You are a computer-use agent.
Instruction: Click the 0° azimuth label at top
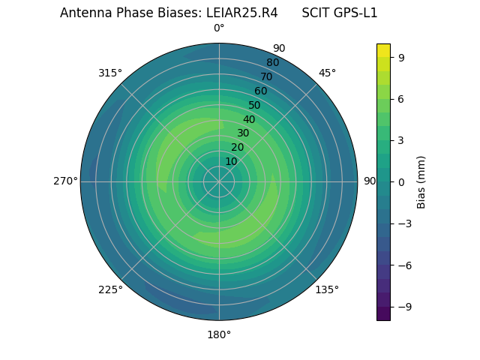coord(219,28)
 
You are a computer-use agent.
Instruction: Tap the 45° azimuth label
coord(327,73)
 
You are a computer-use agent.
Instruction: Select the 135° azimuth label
coord(327,289)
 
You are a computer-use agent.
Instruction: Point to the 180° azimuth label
coord(219,334)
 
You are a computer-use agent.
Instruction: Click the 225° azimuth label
coord(110,289)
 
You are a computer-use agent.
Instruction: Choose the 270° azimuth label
coord(65,181)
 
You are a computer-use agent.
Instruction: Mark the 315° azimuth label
coord(110,73)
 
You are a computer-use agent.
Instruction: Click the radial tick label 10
coord(231,161)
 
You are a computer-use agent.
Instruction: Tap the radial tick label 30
coord(243,133)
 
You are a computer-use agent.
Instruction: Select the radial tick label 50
coord(255,105)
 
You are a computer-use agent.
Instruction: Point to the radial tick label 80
coord(272,62)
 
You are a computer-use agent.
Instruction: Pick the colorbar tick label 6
coord(402,98)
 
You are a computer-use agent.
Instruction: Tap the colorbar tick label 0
coord(402,181)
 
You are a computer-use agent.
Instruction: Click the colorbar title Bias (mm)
coord(421,181)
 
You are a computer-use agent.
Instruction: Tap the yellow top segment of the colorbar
coord(383,50)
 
